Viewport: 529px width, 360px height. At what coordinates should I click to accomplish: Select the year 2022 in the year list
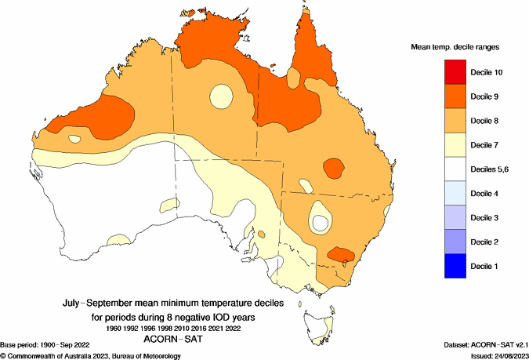pyautogui.click(x=233, y=328)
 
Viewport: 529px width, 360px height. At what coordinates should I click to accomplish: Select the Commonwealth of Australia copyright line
pyautogui.click(x=91, y=355)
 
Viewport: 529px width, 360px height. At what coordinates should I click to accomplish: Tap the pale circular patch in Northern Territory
pyautogui.click(x=219, y=96)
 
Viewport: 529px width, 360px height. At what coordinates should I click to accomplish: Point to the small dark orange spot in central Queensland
pyautogui.click(x=334, y=167)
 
